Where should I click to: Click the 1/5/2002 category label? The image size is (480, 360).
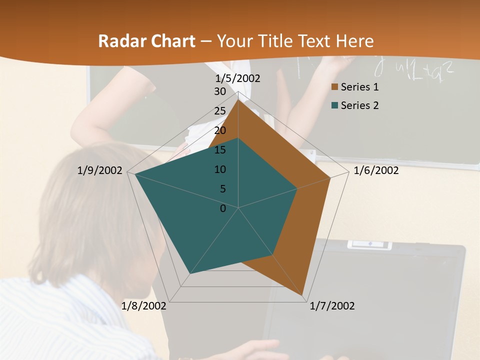click(238, 78)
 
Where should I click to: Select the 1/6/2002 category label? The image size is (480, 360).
click(376, 170)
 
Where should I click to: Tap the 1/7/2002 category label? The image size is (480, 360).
click(332, 306)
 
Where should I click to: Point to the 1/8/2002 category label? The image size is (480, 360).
click(144, 306)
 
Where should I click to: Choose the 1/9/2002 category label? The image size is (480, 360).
click(100, 170)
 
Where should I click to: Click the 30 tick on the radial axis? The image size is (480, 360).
click(220, 91)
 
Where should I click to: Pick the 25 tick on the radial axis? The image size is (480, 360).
click(220, 111)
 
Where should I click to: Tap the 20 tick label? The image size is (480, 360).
click(220, 130)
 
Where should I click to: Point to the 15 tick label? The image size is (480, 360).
click(220, 150)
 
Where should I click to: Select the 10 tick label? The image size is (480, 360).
click(220, 169)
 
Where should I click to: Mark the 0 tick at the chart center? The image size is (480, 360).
click(223, 208)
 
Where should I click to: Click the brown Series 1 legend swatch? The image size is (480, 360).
click(335, 87)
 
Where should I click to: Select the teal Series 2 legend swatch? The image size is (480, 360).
click(335, 105)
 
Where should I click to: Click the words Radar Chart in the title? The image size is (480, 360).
click(146, 41)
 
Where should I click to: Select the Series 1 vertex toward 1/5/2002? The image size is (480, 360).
click(238, 100)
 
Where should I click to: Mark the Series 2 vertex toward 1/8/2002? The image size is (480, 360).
click(190, 274)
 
